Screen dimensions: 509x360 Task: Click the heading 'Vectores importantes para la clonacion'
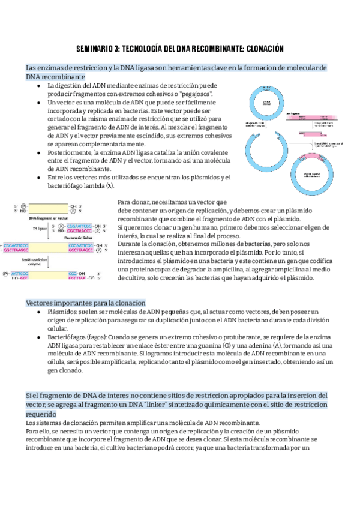pos(85,303)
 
